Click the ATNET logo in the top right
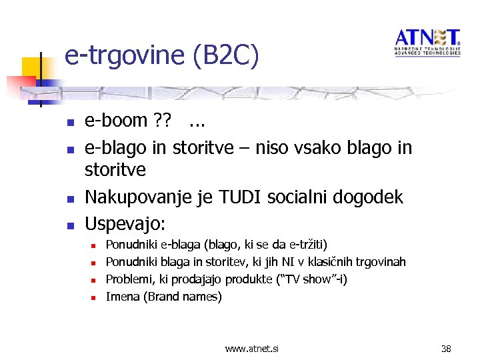pyautogui.click(x=427, y=42)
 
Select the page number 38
pyautogui.click(x=447, y=348)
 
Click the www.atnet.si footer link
pyautogui.click(x=252, y=348)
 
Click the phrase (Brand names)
pyautogui.click(x=183, y=297)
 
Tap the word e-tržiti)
pyautogui.click(x=305, y=245)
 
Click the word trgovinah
pyautogui.click(x=381, y=262)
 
